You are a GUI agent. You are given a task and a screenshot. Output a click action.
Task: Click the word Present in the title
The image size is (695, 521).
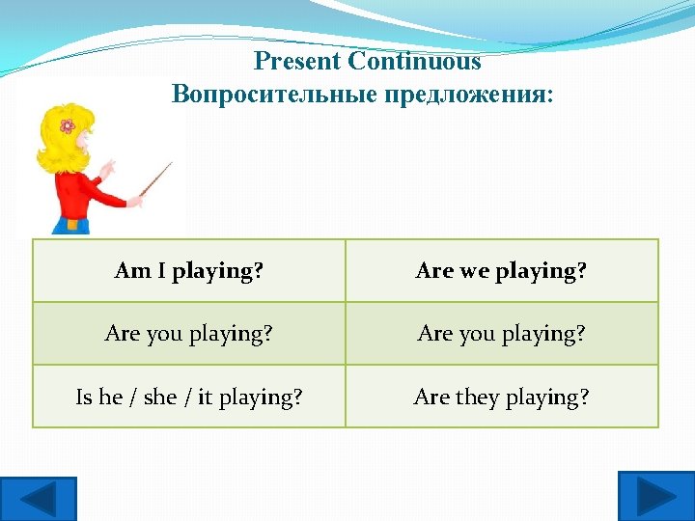click(x=297, y=62)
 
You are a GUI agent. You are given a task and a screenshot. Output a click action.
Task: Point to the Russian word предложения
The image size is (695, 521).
click(x=465, y=95)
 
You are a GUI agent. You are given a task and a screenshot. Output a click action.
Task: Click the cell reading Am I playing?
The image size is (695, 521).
click(x=189, y=271)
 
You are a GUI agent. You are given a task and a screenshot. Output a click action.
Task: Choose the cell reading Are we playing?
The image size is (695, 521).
click(x=501, y=271)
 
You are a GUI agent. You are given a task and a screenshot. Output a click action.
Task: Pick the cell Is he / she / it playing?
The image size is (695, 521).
click(x=189, y=397)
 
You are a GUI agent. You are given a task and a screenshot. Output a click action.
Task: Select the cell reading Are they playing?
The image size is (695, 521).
click(x=501, y=397)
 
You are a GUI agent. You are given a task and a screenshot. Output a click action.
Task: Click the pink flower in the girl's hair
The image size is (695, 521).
click(x=67, y=125)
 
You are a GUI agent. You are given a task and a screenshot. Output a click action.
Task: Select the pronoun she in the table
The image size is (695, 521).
click(x=159, y=397)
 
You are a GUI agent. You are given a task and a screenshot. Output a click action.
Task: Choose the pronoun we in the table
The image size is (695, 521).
click(x=474, y=271)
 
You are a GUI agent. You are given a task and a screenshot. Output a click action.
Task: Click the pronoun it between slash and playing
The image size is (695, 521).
click(x=205, y=397)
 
